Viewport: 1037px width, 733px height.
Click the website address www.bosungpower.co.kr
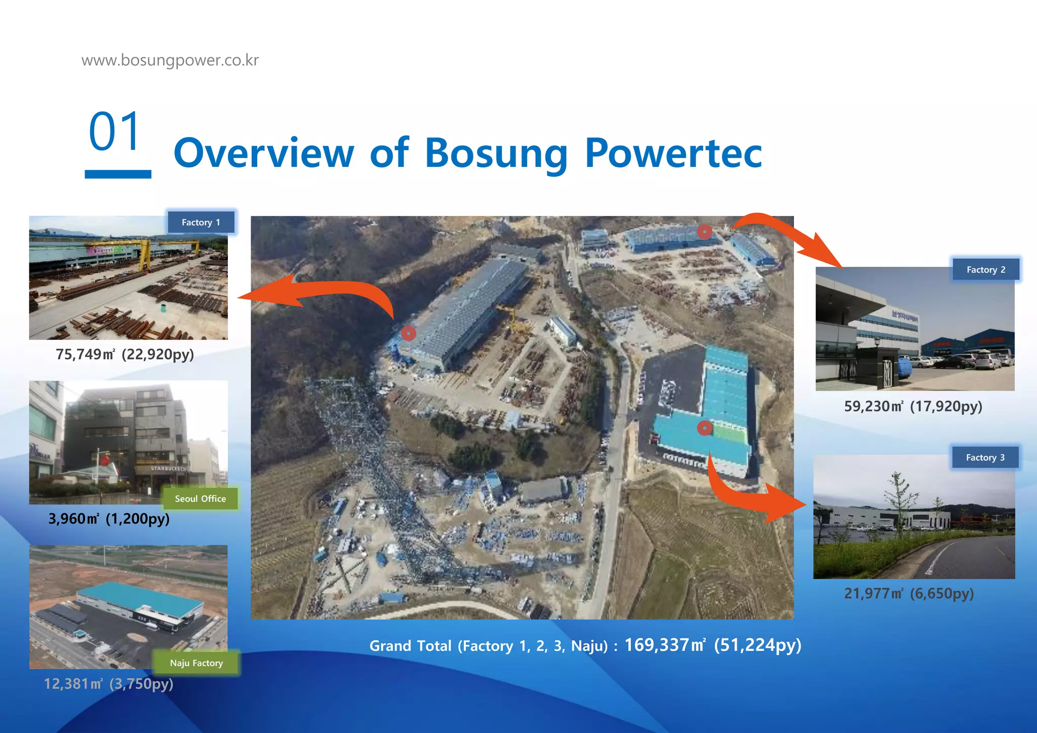point(170,60)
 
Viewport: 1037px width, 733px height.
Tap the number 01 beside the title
point(115,132)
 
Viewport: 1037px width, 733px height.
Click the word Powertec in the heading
point(673,152)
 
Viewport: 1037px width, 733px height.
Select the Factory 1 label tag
point(201,223)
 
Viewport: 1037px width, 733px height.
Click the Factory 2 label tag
point(985,270)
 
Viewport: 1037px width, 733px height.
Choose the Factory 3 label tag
point(985,458)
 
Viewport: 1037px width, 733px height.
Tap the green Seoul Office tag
point(200,499)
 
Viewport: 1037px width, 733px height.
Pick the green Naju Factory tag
point(196,663)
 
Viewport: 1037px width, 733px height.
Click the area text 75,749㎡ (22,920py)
point(125,354)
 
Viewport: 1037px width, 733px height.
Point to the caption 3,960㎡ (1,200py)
point(109,519)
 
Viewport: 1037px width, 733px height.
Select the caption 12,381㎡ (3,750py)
point(108,684)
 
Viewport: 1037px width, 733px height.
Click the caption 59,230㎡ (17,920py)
point(913,406)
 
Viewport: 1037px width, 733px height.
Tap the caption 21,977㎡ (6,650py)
point(909,593)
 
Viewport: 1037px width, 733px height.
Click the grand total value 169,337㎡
point(664,645)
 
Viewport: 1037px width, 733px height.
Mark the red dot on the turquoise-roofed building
point(704,428)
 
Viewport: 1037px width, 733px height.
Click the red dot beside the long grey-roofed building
point(409,333)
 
